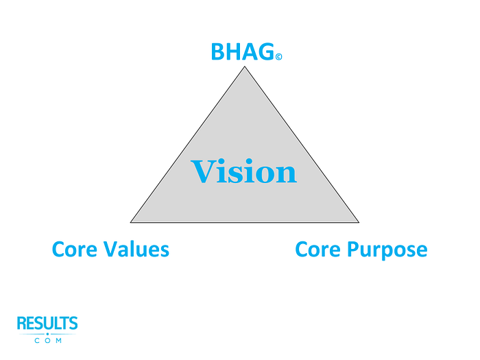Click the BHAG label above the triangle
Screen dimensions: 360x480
coord(241,52)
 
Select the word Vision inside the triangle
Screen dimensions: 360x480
coord(244,171)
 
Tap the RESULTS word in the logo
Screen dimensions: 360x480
coord(47,324)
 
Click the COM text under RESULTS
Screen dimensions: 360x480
coord(47,340)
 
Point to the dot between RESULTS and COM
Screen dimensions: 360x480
coord(47,333)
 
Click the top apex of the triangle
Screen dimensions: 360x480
coord(245,67)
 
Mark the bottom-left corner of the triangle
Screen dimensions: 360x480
coord(131,222)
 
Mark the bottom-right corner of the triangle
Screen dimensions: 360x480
coord(359,222)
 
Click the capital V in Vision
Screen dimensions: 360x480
coord(203,171)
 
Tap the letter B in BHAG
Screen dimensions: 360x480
coord(218,52)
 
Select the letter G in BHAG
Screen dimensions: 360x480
coord(265,52)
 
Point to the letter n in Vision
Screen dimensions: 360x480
coord(287,174)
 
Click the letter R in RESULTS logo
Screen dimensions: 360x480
coord(22,324)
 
